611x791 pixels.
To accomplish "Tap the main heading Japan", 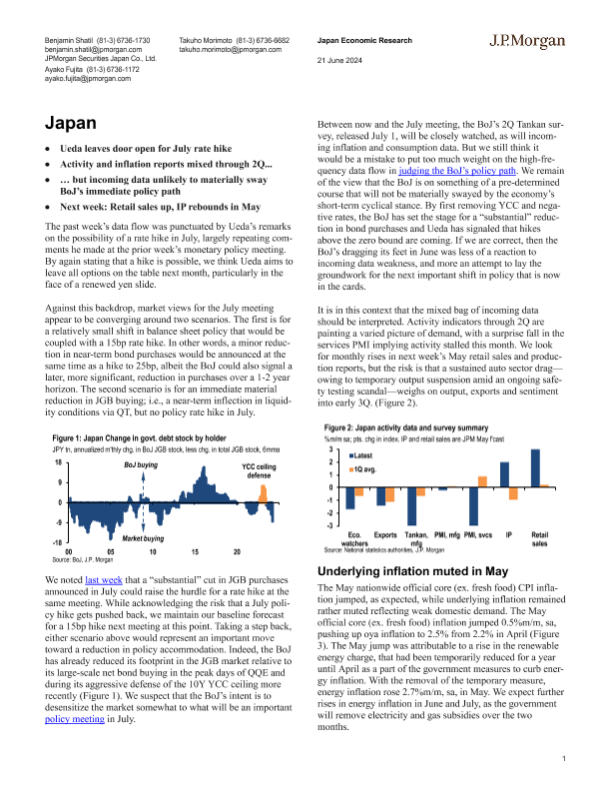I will (71, 123).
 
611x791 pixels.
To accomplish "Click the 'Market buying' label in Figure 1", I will (145, 538).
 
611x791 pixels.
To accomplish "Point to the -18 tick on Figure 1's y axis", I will (59, 542).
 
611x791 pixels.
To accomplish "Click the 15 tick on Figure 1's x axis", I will (195, 552).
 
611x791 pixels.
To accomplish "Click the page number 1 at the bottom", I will (564, 759).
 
